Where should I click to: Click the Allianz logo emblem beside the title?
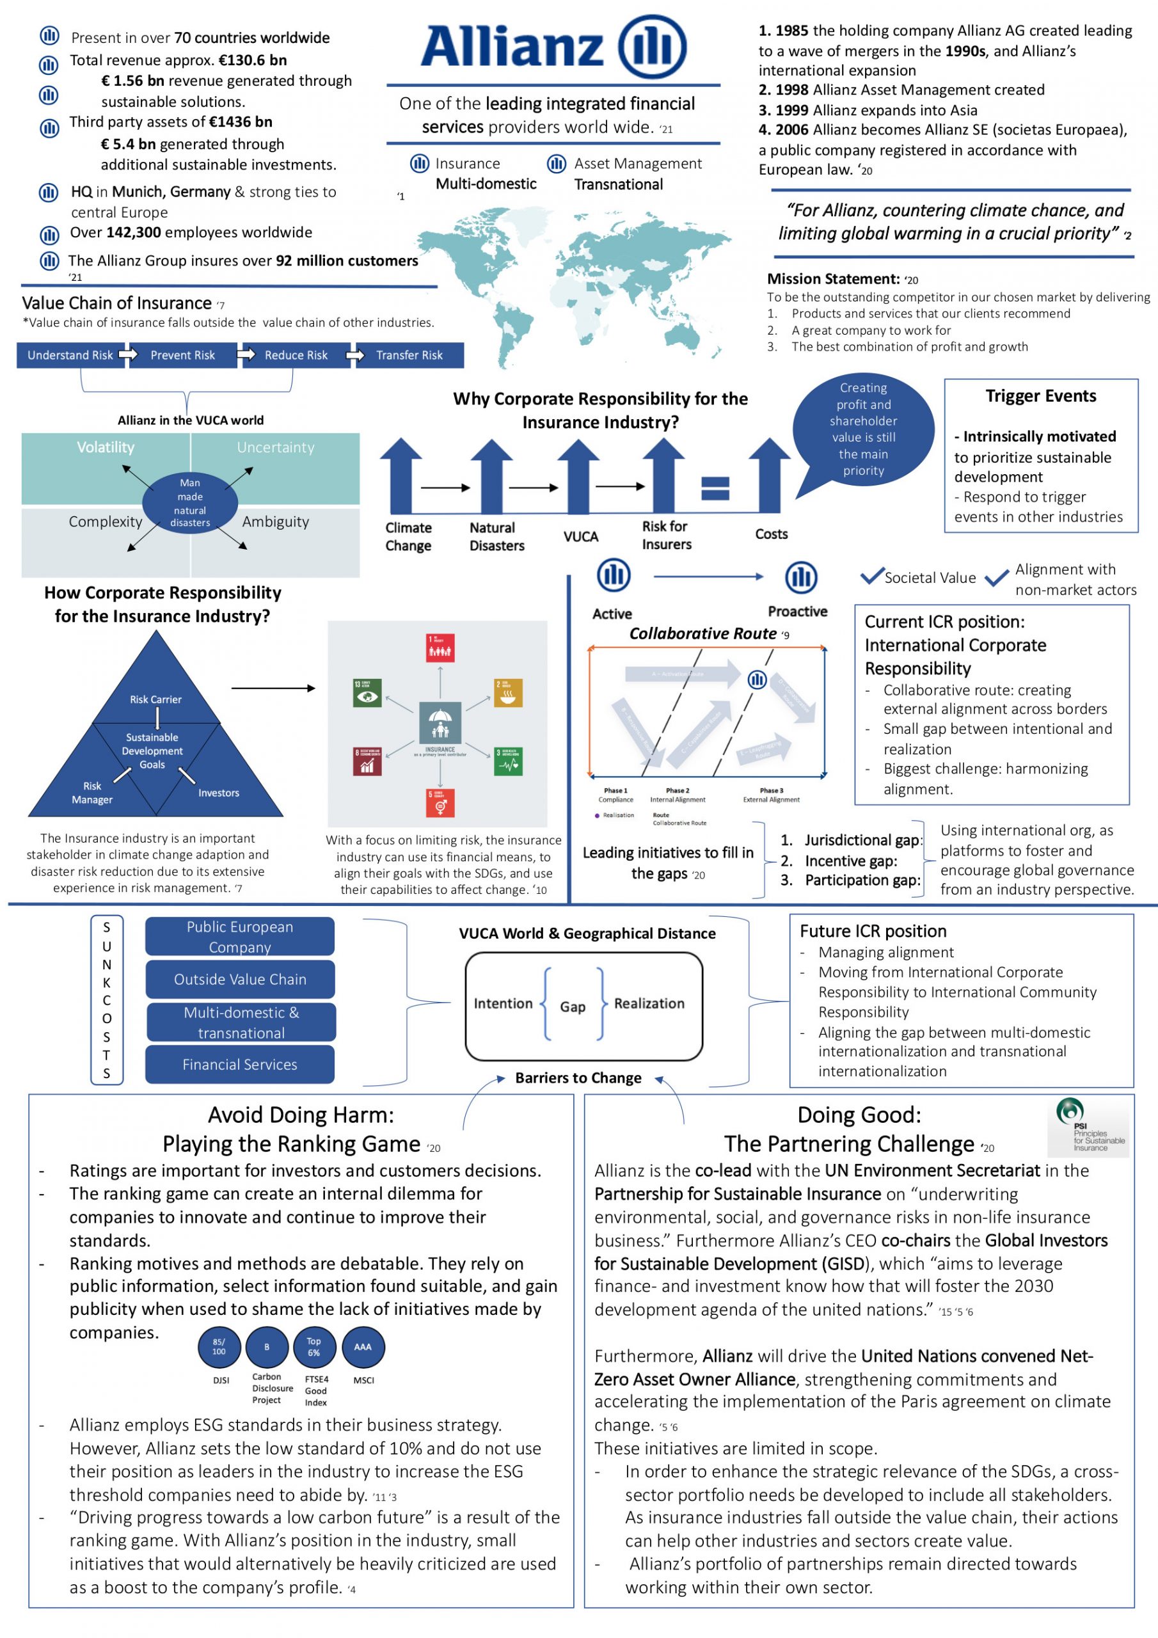tap(651, 46)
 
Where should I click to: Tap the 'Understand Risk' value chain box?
tap(70, 355)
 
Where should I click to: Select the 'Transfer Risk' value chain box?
tap(409, 355)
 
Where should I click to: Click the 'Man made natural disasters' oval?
tap(190, 504)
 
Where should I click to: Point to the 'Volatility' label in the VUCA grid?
tap(106, 447)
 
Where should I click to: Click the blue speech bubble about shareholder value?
tap(862, 429)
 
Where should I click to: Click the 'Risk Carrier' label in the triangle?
tap(155, 699)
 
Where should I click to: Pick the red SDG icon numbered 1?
tap(440, 647)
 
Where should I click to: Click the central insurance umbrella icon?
tap(440, 724)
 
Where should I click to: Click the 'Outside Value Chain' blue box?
tap(240, 980)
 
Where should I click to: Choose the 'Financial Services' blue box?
tap(240, 1065)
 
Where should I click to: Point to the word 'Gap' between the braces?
tap(572, 1006)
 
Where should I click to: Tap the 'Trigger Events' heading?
tap(1040, 396)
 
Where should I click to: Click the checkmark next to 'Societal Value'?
tap(871, 576)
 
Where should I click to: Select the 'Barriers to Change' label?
tap(578, 1078)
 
